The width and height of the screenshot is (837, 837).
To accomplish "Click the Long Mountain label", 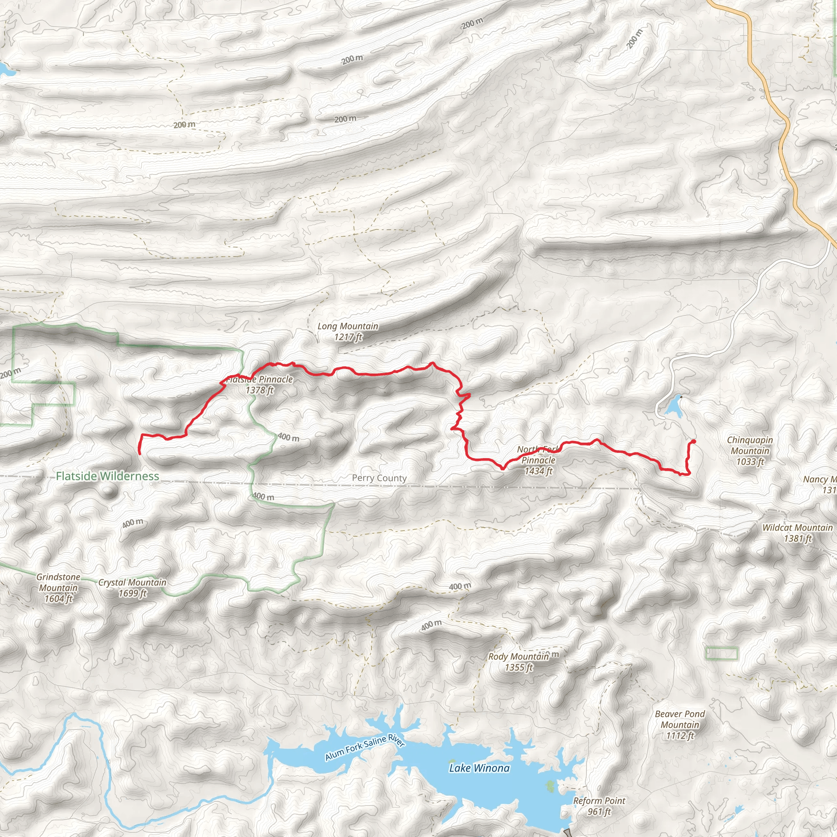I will [348, 331].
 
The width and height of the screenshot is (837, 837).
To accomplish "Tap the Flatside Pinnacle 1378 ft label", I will [260, 385].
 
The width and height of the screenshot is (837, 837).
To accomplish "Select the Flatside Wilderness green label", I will [107, 476].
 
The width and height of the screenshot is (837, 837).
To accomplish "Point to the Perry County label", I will [379, 478].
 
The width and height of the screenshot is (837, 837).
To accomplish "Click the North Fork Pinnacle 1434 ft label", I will [538, 461].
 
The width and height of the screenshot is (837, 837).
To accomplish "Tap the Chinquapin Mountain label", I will [750, 450].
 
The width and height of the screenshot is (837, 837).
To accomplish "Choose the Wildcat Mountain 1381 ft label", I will [798, 533].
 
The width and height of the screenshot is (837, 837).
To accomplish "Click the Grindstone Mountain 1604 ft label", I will [58, 588].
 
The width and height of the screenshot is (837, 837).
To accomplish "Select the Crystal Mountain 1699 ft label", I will [132, 588].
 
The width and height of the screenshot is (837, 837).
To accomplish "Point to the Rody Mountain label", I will [519, 662].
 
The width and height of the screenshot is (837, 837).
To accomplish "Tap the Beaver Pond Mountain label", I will [680, 725].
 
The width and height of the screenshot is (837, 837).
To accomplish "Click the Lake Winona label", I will [479, 768].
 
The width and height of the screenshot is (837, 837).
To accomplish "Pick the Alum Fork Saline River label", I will [365, 748].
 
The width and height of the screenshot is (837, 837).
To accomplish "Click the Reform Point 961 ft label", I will [599, 806].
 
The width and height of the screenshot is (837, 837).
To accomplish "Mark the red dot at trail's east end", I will [694, 441].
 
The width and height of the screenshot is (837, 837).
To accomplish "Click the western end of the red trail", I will [139, 453].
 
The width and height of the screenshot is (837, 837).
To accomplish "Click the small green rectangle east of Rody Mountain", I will [722, 653].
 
